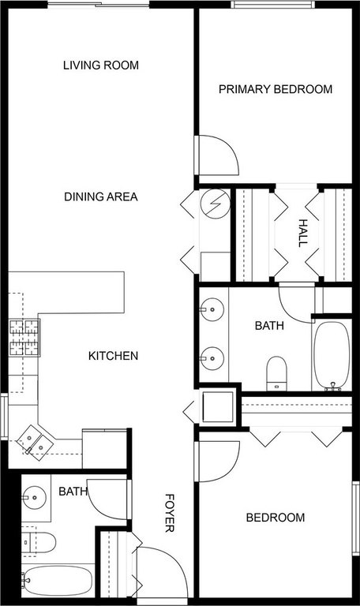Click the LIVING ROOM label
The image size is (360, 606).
coord(101,65)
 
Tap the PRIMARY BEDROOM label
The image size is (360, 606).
coord(275,89)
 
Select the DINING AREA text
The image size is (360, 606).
coord(101,196)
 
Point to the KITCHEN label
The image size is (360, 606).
coord(113,356)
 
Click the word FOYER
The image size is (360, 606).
coord(169,512)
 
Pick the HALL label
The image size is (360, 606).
coord(301,233)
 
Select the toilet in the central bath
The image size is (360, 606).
coord(276,372)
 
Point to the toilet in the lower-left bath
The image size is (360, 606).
coord(39,542)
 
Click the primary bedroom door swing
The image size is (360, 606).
coord(216,156)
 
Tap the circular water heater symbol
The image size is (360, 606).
coord(213,204)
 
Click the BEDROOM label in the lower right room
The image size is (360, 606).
coord(276,518)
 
